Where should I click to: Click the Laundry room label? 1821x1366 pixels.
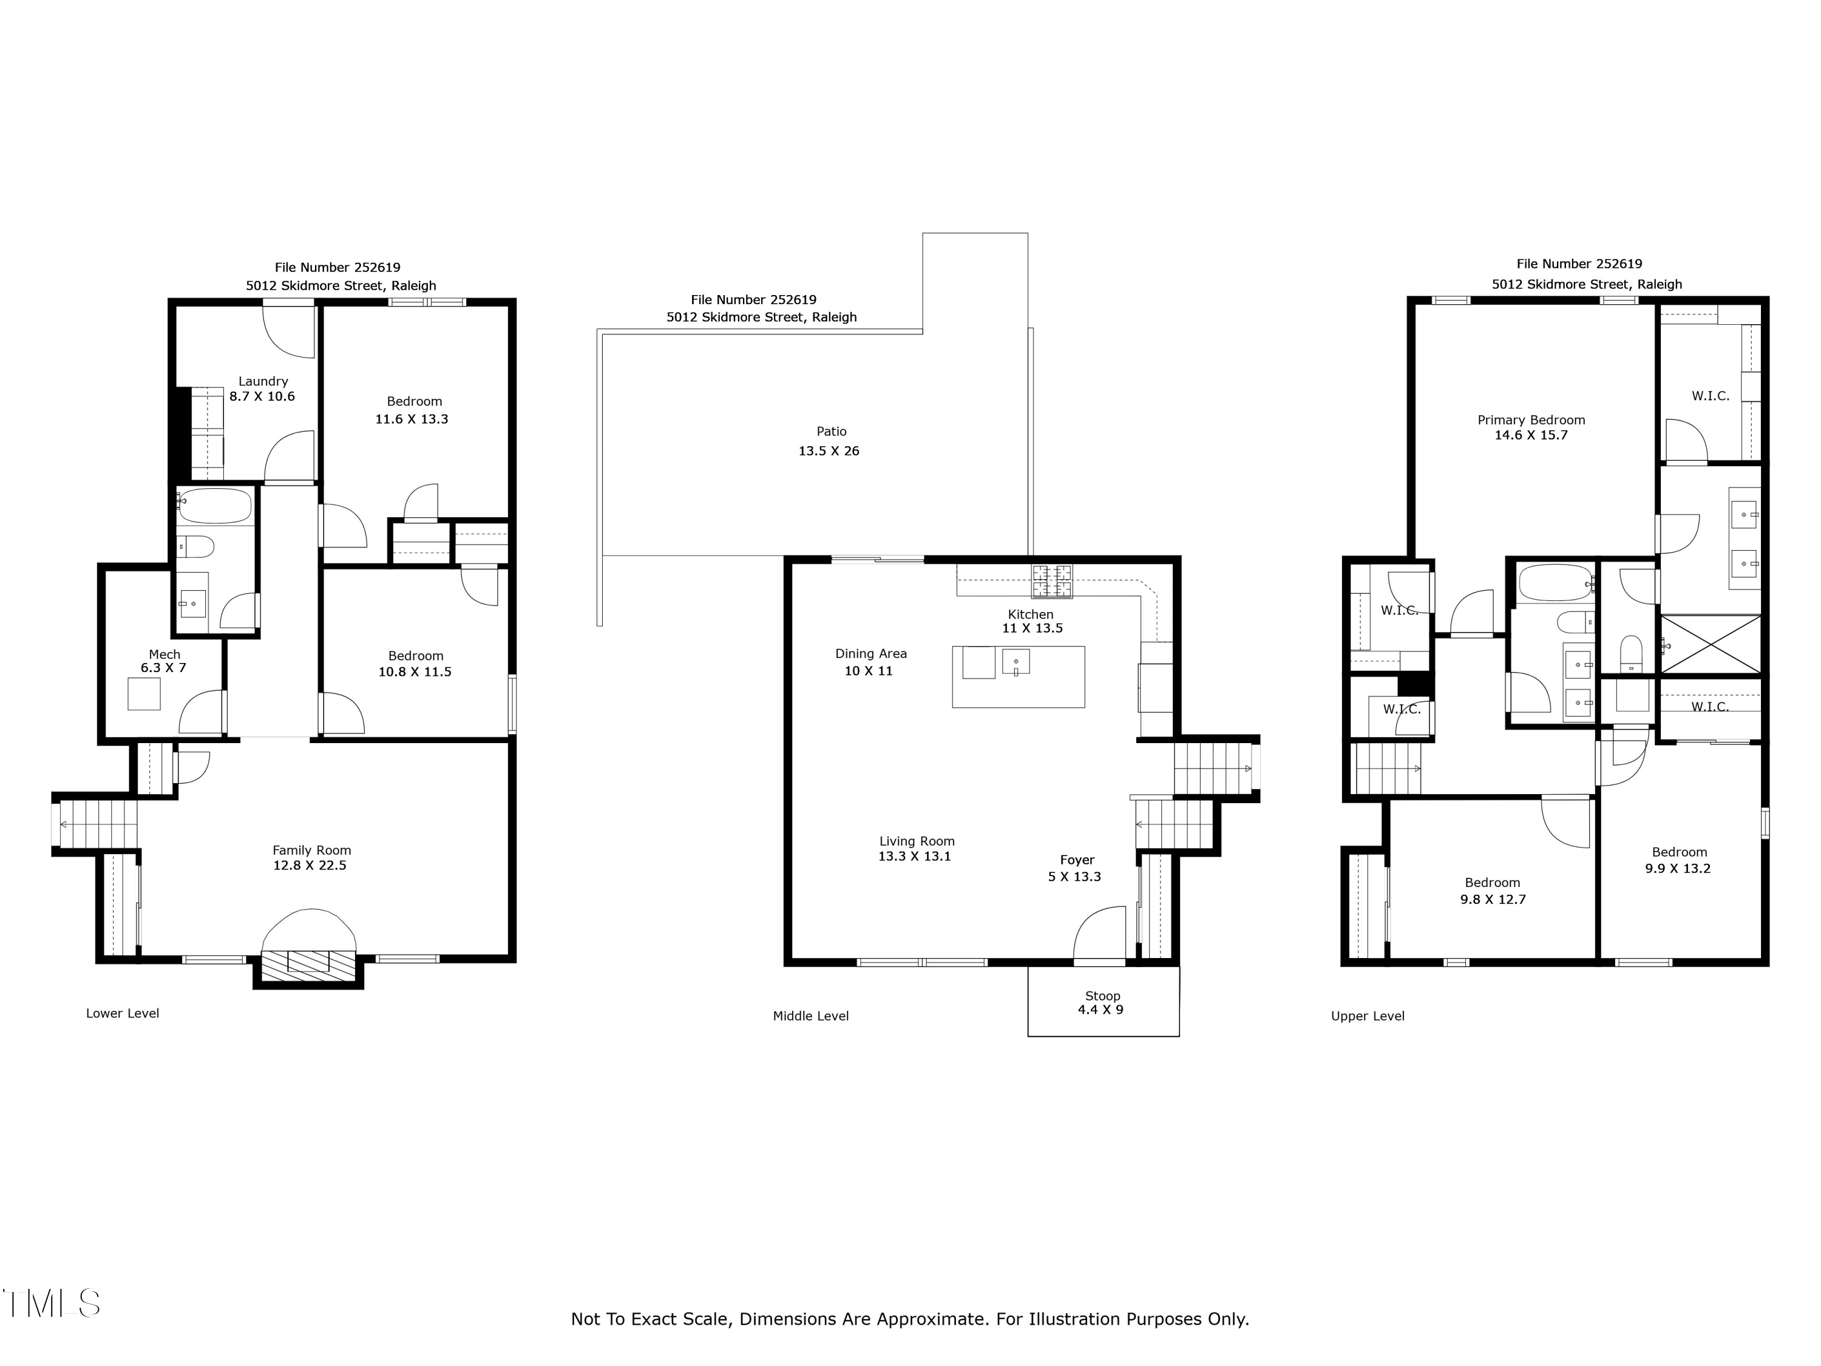[x=263, y=381]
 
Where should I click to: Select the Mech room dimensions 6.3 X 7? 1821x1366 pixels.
[x=163, y=668]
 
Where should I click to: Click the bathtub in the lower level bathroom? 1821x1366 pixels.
[x=215, y=506]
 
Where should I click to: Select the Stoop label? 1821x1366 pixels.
[x=1102, y=996]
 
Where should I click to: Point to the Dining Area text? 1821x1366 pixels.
[x=870, y=654]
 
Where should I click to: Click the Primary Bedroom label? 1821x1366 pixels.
[x=1530, y=420]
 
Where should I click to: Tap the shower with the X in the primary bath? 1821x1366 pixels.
[x=1710, y=644]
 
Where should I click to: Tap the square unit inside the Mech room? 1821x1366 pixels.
[x=144, y=693]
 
